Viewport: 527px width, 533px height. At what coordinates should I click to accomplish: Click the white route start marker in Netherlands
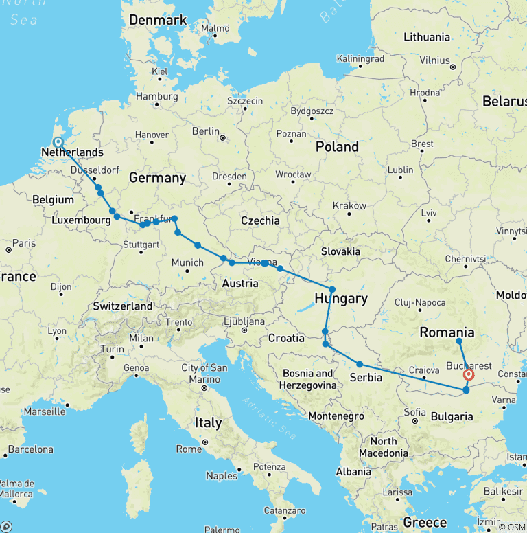point(58,142)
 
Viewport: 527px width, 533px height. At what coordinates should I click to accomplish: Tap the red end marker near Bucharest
point(469,375)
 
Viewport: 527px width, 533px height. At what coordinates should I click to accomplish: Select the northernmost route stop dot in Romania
point(459,341)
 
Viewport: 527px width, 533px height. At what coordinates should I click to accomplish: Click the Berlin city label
point(206,131)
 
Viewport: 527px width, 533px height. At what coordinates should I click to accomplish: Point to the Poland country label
point(337,147)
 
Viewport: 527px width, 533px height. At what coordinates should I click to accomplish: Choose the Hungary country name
point(341,299)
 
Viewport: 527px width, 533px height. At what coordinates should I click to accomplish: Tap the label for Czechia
point(260,220)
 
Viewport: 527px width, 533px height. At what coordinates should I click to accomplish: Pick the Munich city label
point(187,262)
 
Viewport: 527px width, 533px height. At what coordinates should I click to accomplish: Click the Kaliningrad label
point(360,59)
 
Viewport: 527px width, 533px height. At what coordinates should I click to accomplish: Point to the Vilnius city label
point(434,60)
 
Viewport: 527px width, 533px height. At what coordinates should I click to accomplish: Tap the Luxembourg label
point(81,220)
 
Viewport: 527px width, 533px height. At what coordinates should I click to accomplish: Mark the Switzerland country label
point(123,306)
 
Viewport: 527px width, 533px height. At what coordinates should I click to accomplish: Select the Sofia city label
point(414,412)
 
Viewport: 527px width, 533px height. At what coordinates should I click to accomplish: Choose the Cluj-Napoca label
point(420,302)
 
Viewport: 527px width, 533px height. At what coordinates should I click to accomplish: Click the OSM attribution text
point(511,527)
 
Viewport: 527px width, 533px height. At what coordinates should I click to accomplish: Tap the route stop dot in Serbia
point(360,365)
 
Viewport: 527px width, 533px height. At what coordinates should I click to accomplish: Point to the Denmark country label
point(158,20)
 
